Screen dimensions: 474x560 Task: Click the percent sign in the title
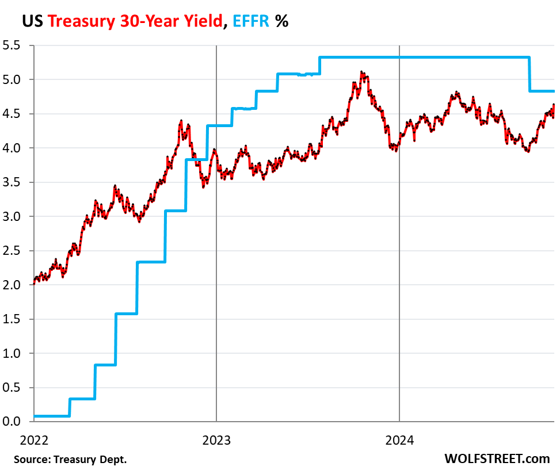pyautogui.click(x=282, y=22)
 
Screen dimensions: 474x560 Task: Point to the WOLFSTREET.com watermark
pyautogui.click(x=497, y=458)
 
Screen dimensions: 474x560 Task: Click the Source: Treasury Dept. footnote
pyautogui.click(x=70, y=460)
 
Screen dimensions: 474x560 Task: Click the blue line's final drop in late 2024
pyautogui.click(x=529, y=74)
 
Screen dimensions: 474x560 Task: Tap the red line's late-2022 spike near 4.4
pyautogui.click(x=181, y=121)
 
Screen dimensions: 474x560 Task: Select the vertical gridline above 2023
pyautogui.click(x=216, y=230)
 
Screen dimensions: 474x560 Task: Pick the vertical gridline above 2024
pyautogui.click(x=399, y=230)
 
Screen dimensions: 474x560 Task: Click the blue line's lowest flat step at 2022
pyautogui.click(x=52, y=415)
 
